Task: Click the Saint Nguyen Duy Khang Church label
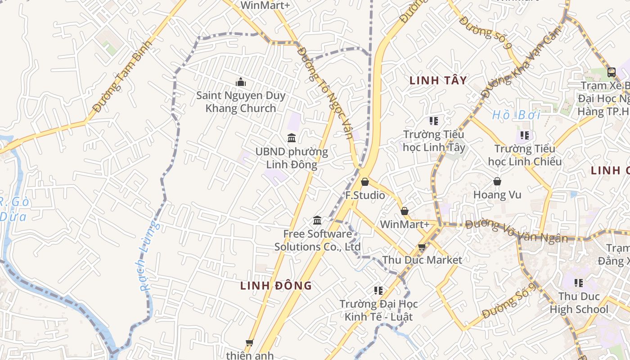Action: (241, 102)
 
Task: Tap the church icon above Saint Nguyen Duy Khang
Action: (241, 82)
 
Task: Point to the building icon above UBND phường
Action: (292, 138)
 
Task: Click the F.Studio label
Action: (365, 195)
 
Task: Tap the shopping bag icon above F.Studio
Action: (365, 182)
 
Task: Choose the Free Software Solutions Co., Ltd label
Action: (318, 240)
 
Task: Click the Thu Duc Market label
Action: (422, 260)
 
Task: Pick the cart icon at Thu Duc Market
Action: (422, 247)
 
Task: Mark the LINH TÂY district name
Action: (438, 81)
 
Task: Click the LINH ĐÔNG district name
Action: (276, 285)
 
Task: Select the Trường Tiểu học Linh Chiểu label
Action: (525, 155)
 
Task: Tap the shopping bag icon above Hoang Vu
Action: (497, 181)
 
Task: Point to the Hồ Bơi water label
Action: (516, 115)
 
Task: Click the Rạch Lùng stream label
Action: (148, 256)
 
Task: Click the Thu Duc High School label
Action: (579, 303)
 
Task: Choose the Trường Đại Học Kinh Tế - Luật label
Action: (378, 310)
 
